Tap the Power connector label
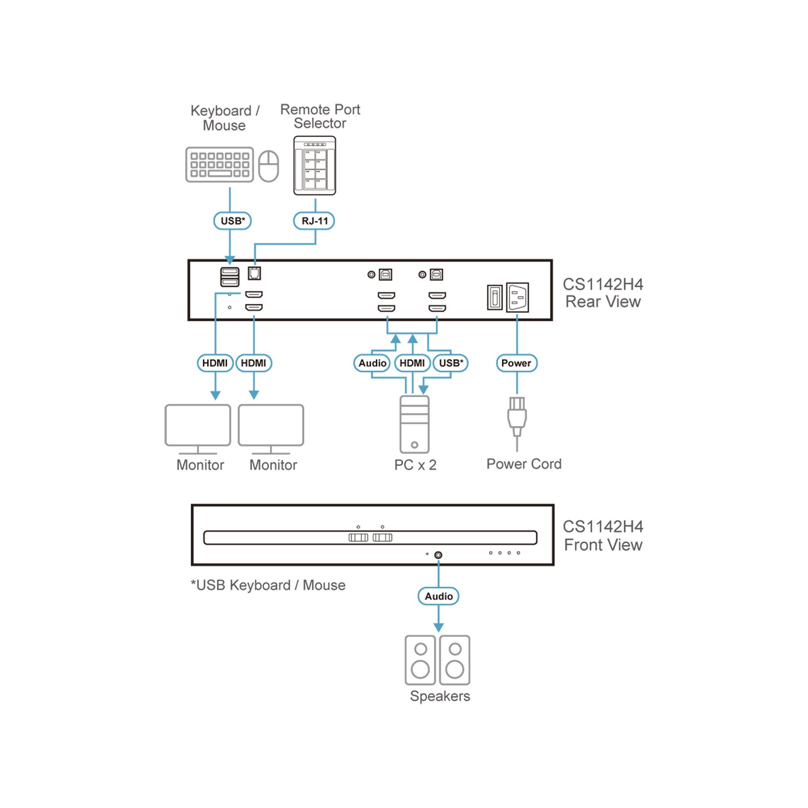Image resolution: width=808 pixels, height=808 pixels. click(516, 363)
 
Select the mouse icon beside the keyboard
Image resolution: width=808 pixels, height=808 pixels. click(269, 166)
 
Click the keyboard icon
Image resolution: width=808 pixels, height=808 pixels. click(219, 164)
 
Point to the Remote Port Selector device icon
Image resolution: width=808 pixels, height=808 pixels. click(314, 166)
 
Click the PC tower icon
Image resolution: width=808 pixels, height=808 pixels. click(414, 424)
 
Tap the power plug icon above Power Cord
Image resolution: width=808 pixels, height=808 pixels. click(517, 417)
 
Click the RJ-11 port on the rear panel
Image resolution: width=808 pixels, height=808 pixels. click(254, 274)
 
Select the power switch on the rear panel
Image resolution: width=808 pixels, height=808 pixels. click(494, 298)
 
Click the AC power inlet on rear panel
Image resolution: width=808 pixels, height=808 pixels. click(518, 297)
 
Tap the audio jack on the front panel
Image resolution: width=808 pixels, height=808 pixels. click(438, 555)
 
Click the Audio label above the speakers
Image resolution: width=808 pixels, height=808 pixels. click(438, 596)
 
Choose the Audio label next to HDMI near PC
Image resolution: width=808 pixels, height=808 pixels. click(372, 363)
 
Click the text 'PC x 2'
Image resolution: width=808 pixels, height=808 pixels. click(415, 465)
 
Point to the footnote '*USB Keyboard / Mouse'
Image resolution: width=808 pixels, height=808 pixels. click(268, 585)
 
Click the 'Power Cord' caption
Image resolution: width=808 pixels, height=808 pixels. click(524, 464)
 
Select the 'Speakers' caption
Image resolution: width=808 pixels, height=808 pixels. click(440, 696)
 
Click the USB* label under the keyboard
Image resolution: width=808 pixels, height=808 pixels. click(233, 221)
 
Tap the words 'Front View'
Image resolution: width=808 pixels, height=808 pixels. click(603, 545)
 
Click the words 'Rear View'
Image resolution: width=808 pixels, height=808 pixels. click(603, 301)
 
